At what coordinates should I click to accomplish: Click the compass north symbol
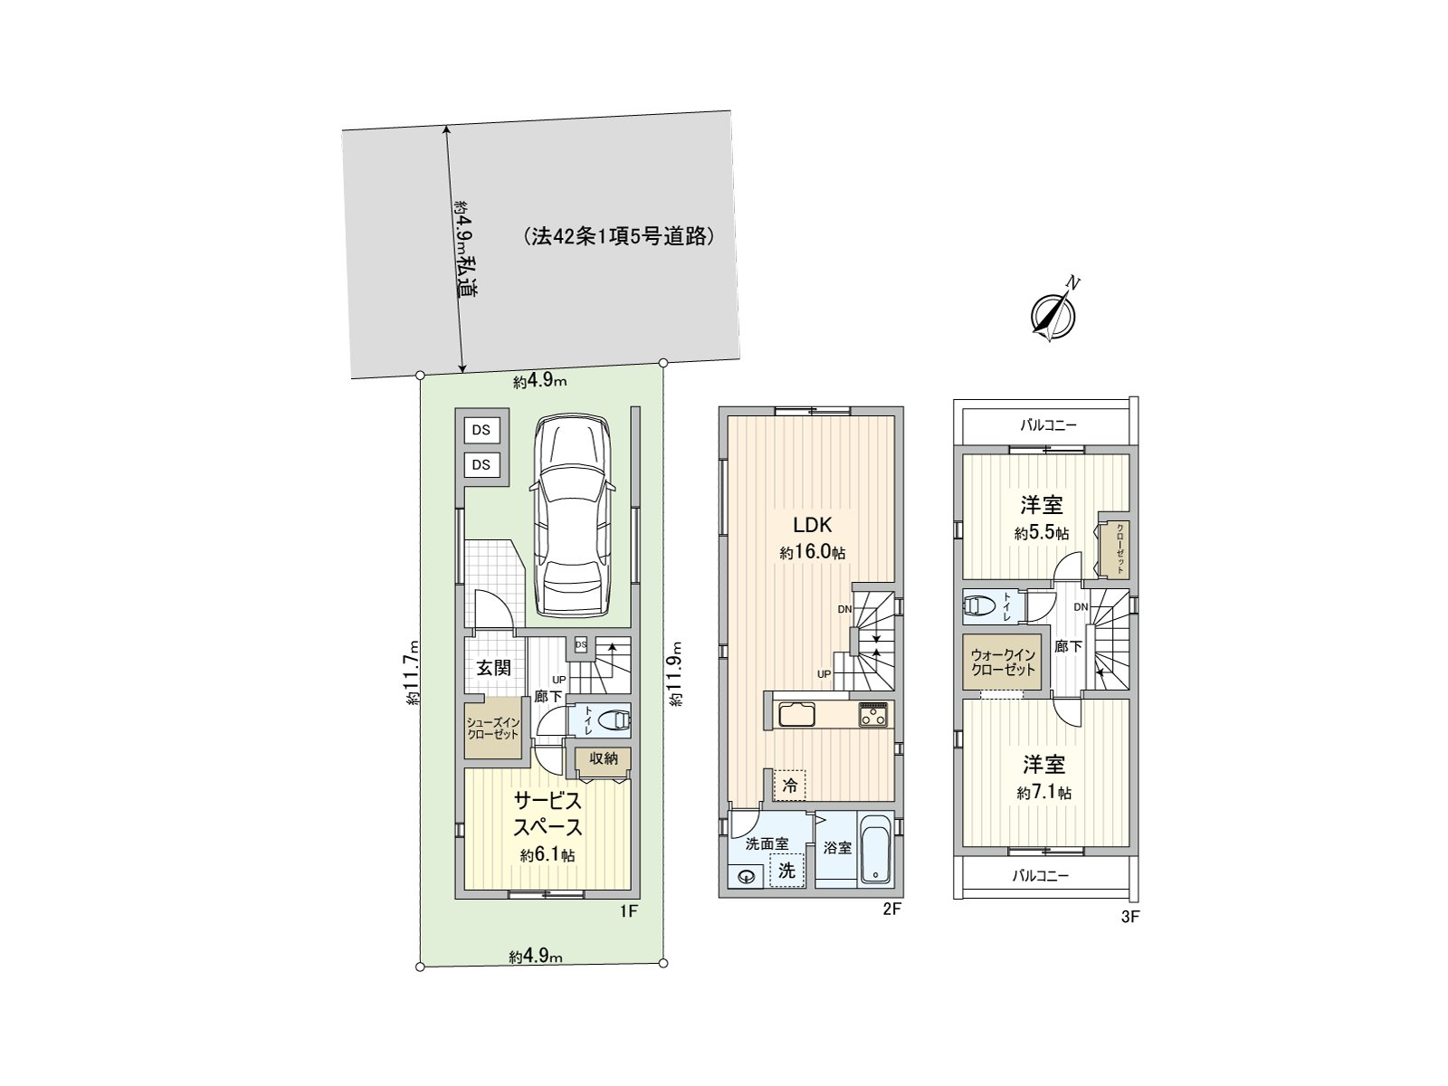(1053, 313)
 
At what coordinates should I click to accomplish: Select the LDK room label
(812, 525)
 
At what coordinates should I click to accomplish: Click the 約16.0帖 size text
(812, 553)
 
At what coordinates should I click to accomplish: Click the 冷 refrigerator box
(789, 786)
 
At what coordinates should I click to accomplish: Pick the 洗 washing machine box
(787, 872)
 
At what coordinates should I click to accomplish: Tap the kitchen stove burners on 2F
(875, 714)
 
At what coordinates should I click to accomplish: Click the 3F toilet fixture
(981, 605)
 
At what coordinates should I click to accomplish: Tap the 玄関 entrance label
(494, 668)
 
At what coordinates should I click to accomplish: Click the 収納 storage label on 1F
(603, 758)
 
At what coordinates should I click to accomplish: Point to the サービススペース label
(547, 814)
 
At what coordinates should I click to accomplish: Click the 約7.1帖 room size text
(1043, 793)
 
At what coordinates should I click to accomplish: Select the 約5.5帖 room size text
(1042, 533)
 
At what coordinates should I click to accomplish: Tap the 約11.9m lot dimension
(675, 673)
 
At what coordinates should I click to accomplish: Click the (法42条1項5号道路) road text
(619, 237)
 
